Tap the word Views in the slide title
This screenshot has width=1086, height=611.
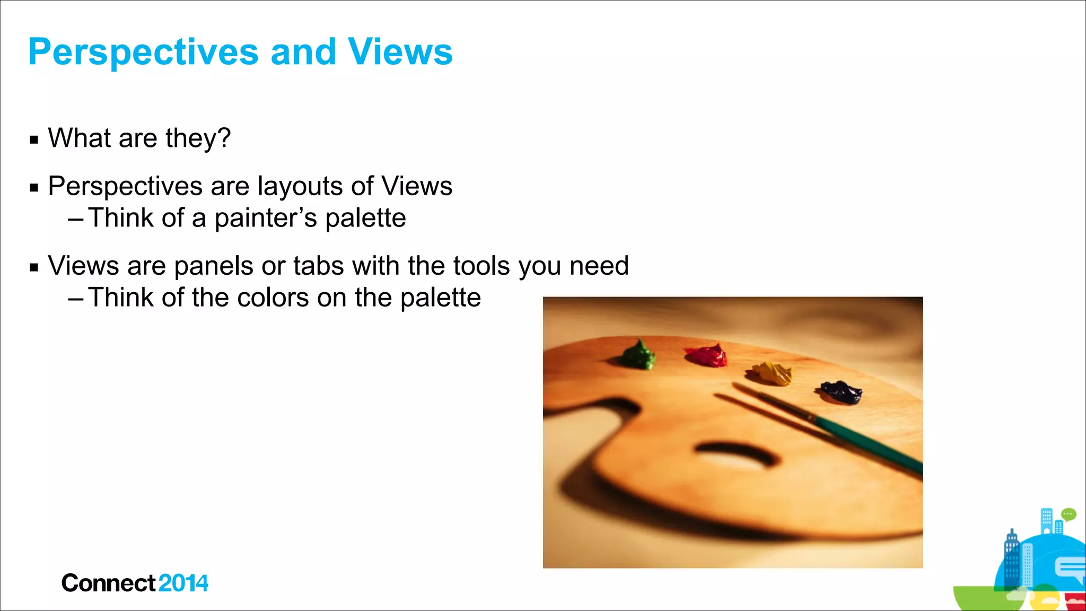click(x=400, y=52)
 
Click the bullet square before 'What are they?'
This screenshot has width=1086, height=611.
click(x=34, y=140)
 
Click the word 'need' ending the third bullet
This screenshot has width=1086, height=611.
click(x=599, y=266)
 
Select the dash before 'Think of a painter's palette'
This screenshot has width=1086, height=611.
click(x=76, y=218)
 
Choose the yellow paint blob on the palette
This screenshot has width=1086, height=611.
click(x=771, y=373)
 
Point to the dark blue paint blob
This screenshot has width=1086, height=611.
click(x=841, y=392)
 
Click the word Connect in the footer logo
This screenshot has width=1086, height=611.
click(x=109, y=583)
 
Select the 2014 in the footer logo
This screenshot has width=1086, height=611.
click(x=183, y=583)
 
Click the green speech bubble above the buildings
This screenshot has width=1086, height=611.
click(x=1069, y=514)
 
